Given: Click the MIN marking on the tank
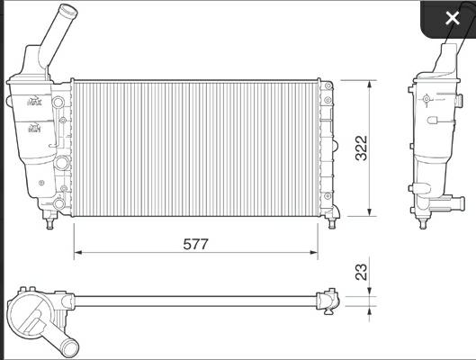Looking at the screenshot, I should point(34,129).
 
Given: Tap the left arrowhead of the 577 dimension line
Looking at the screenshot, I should point(76,252).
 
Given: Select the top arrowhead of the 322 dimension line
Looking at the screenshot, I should point(370,84).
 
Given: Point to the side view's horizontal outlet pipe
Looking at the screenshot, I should point(440,205).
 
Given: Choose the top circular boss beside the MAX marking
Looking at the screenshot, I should point(60,102).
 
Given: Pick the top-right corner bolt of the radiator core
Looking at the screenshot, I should point(328,85).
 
